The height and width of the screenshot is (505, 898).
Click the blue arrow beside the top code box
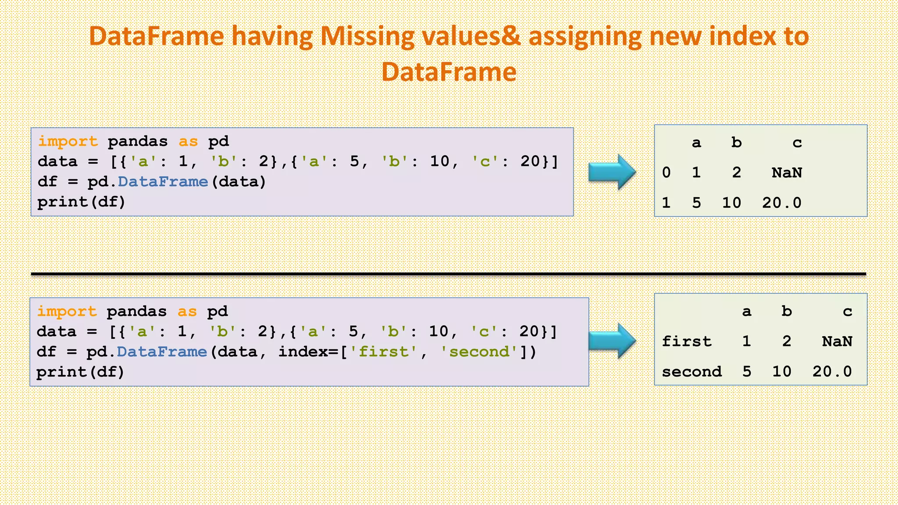pos(612,172)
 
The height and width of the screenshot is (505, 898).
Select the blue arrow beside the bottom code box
pos(612,341)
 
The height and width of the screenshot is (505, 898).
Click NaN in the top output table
pos(787,173)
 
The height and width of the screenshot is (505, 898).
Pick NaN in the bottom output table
pos(837,341)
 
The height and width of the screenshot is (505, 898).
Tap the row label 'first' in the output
pos(687,341)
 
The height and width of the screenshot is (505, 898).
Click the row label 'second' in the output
pos(691,372)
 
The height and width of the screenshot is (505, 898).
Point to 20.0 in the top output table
pos(781,203)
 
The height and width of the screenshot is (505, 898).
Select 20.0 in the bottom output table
pos(832,372)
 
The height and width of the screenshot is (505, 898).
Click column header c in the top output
pos(797,142)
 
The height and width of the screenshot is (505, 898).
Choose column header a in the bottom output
pos(746,312)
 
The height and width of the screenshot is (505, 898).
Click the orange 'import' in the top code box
pos(68,141)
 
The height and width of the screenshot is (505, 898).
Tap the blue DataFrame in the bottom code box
pos(161,352)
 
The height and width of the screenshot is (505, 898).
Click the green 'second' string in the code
pos(480,352)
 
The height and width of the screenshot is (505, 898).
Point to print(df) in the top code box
pos(82,202)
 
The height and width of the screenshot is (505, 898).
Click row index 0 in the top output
pos(666,173)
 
